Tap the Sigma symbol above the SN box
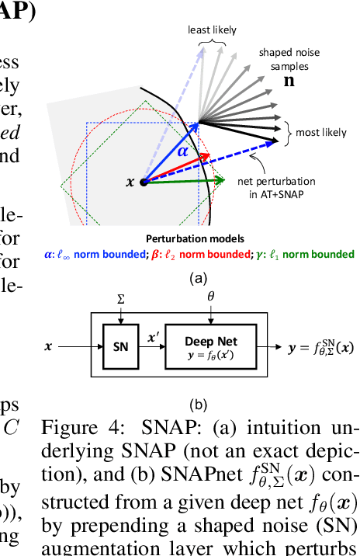[119, 297]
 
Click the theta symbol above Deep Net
[211, 297]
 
